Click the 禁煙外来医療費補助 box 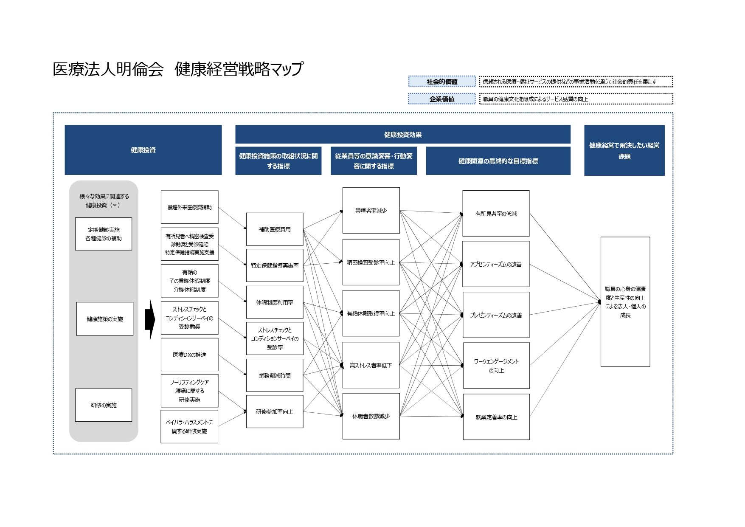(x=189, y=207)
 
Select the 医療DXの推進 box (x=189, y=355)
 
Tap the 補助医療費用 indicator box (x=275, y=229)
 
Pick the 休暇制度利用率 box (x=275, y=302)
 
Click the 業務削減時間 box (x=275, y=375)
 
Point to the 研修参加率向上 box (x=275, y=411)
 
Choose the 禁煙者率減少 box (x=371, y=211)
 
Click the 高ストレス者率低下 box (x=371, y=365)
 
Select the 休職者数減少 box (x=371, y=416)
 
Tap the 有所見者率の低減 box (x=496, y=214)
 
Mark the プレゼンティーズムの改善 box (x=496, y=315)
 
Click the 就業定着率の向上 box (x=496, y=417)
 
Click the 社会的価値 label (x=442, y=82)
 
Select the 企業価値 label (x=442, y=99)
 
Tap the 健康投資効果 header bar (x=402, y=135)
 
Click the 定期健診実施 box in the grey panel (x=104, y=234)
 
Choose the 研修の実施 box (x=104, y=405)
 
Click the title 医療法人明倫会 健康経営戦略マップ (x=178, y=69)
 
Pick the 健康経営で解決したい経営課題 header (x=624, y=150)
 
